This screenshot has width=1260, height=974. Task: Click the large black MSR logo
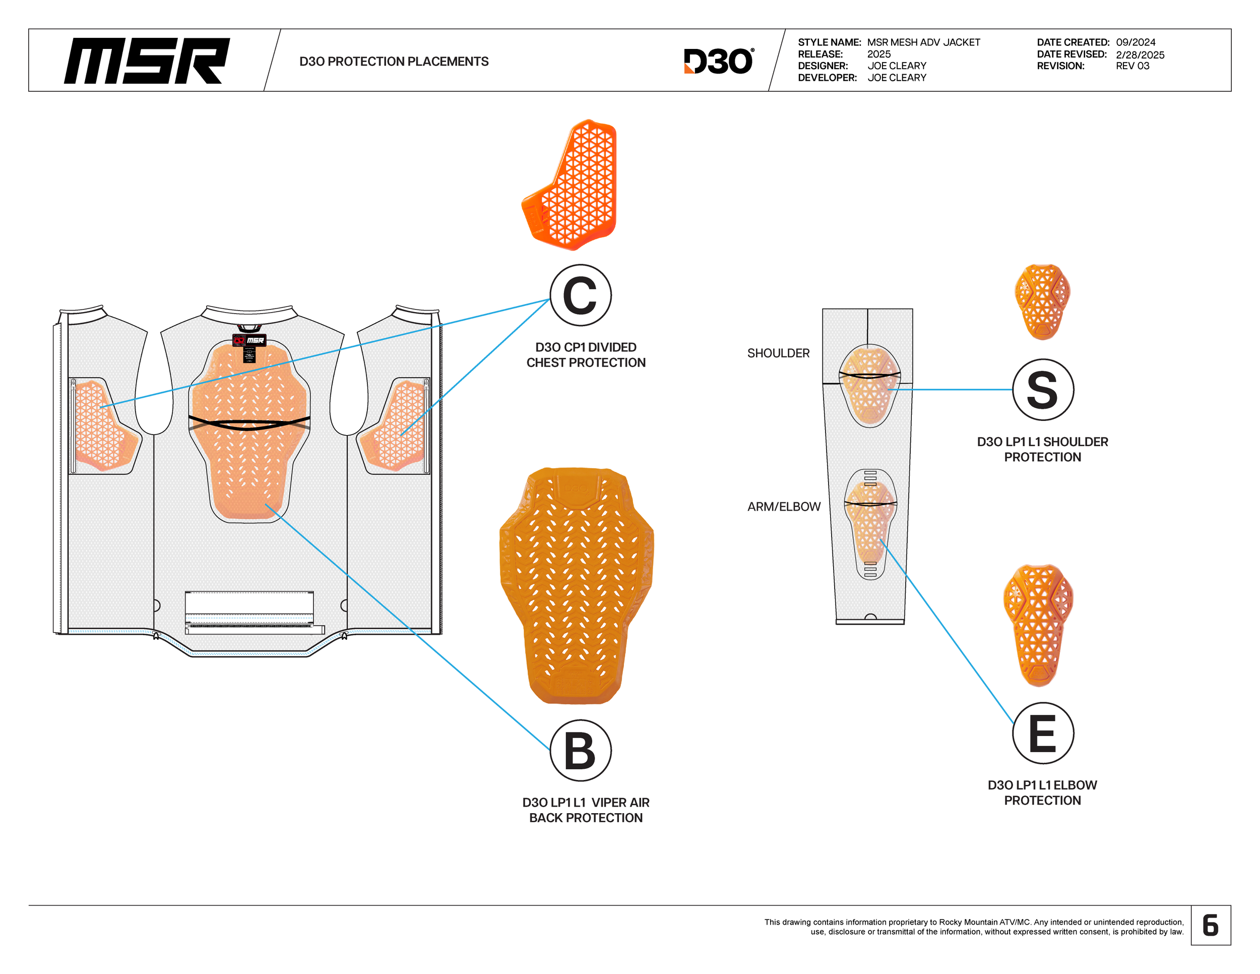point(147,60)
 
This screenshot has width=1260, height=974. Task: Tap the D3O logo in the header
point(718,61)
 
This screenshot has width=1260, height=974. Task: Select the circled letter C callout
point(580,295)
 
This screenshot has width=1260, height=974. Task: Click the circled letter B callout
point(580,751)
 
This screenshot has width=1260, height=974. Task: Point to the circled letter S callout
point(1042,390)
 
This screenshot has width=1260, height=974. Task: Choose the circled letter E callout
point(1042,734)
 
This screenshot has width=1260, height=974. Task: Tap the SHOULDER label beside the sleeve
point(778,353)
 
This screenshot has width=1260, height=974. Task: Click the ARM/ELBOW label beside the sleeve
point(783,507)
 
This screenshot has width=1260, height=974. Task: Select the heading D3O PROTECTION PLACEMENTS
point(394,61)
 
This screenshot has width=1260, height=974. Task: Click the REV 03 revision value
point(1132,66)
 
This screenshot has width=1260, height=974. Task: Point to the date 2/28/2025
point(1140,55)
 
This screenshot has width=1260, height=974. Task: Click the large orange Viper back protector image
point(577,586)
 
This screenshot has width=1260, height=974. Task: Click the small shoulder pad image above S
point(1042,302)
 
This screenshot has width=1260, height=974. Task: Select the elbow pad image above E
point(1038,626)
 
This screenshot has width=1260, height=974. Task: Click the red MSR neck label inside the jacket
point(249,340)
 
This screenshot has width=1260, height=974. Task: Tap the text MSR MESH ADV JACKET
point(923,42)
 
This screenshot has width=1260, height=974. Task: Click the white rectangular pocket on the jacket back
point(249,606)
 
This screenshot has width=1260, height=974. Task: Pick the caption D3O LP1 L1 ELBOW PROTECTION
point(1042,792)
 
